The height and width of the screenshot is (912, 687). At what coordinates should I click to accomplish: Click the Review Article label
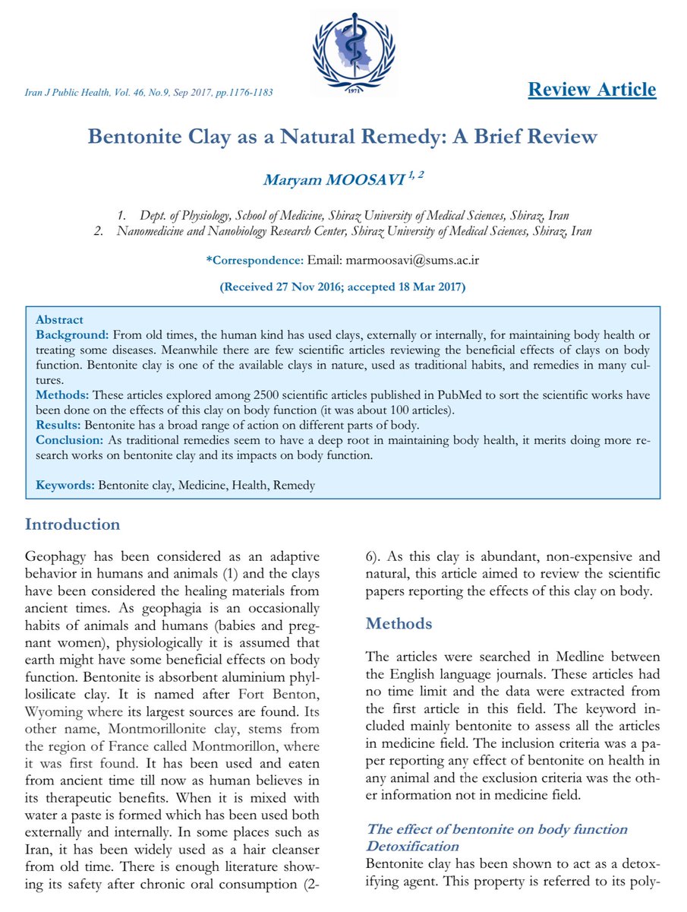591,90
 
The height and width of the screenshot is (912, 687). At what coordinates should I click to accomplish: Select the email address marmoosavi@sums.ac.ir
411,260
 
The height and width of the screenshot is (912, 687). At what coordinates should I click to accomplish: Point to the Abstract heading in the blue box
59,320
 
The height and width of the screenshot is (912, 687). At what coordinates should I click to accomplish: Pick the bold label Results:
58,423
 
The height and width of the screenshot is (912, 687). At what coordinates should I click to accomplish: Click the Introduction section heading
72,524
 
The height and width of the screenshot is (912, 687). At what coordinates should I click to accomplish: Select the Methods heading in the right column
399,624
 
